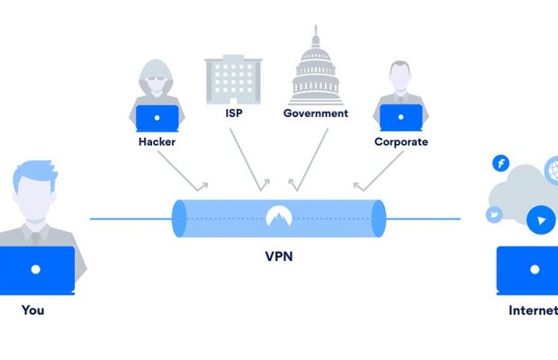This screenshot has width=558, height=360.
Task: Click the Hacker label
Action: click(x=157, y=141)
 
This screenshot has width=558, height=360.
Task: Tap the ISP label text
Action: click(x=232, y=113)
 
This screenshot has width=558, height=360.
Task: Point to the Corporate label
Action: click(x=400, y=141)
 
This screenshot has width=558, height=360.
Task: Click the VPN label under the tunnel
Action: click(x=278, y=256)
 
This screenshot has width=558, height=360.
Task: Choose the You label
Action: click(x=33, y=310)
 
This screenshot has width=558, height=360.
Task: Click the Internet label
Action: click(x=533, y=310)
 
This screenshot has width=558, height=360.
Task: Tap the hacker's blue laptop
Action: click(x=157, y=118)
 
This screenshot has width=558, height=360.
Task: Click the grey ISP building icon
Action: click(x=232, y=77)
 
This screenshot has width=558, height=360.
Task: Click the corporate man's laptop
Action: click(x=400, y=118)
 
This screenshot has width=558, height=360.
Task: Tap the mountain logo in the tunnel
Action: click(x=278, y=216)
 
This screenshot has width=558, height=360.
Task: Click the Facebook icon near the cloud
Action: click(x=500, y=163)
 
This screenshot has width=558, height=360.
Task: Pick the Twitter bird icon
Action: click(x=494, y=215)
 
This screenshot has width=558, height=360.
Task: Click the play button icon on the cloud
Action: click(x=539, y=220)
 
